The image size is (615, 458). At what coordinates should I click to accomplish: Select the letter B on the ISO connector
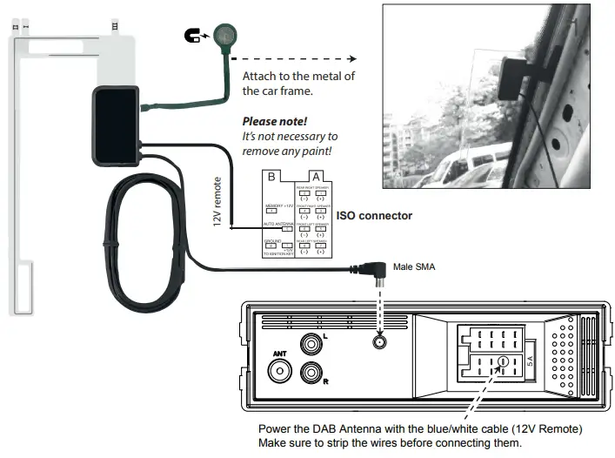pyautogui.click(x=271, y=177)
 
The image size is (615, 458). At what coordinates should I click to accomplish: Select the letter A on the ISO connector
pyautogui.click(x=314, y=177)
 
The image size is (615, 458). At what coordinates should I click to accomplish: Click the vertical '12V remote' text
pyautogui.click(x=217, y=202)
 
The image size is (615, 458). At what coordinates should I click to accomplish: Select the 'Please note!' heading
pyautogui.click(x=275, y=121)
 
